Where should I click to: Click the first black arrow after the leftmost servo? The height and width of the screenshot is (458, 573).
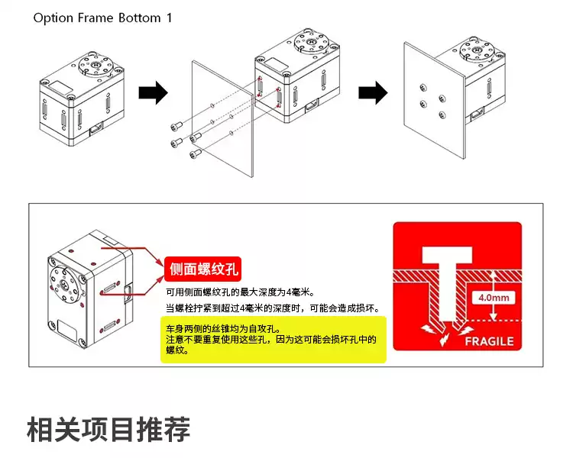coord(153,94)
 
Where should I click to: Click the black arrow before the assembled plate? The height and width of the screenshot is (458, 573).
coord(373,94)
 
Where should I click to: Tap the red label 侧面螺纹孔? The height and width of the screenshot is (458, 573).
coord(203,269)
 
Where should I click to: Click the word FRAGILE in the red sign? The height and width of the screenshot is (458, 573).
coord(489,342)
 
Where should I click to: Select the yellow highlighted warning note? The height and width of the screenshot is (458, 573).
coord(273,340)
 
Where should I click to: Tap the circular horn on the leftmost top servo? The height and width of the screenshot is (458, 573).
coord(97,65)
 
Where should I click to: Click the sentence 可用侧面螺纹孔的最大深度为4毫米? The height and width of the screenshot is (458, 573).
coord(241,292)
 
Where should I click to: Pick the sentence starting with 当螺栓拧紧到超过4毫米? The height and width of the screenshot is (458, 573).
coord(273,308)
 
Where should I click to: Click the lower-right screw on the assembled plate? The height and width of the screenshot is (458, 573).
coord(442,115)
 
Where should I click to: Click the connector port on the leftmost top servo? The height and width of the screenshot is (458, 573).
coord(98,129)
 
